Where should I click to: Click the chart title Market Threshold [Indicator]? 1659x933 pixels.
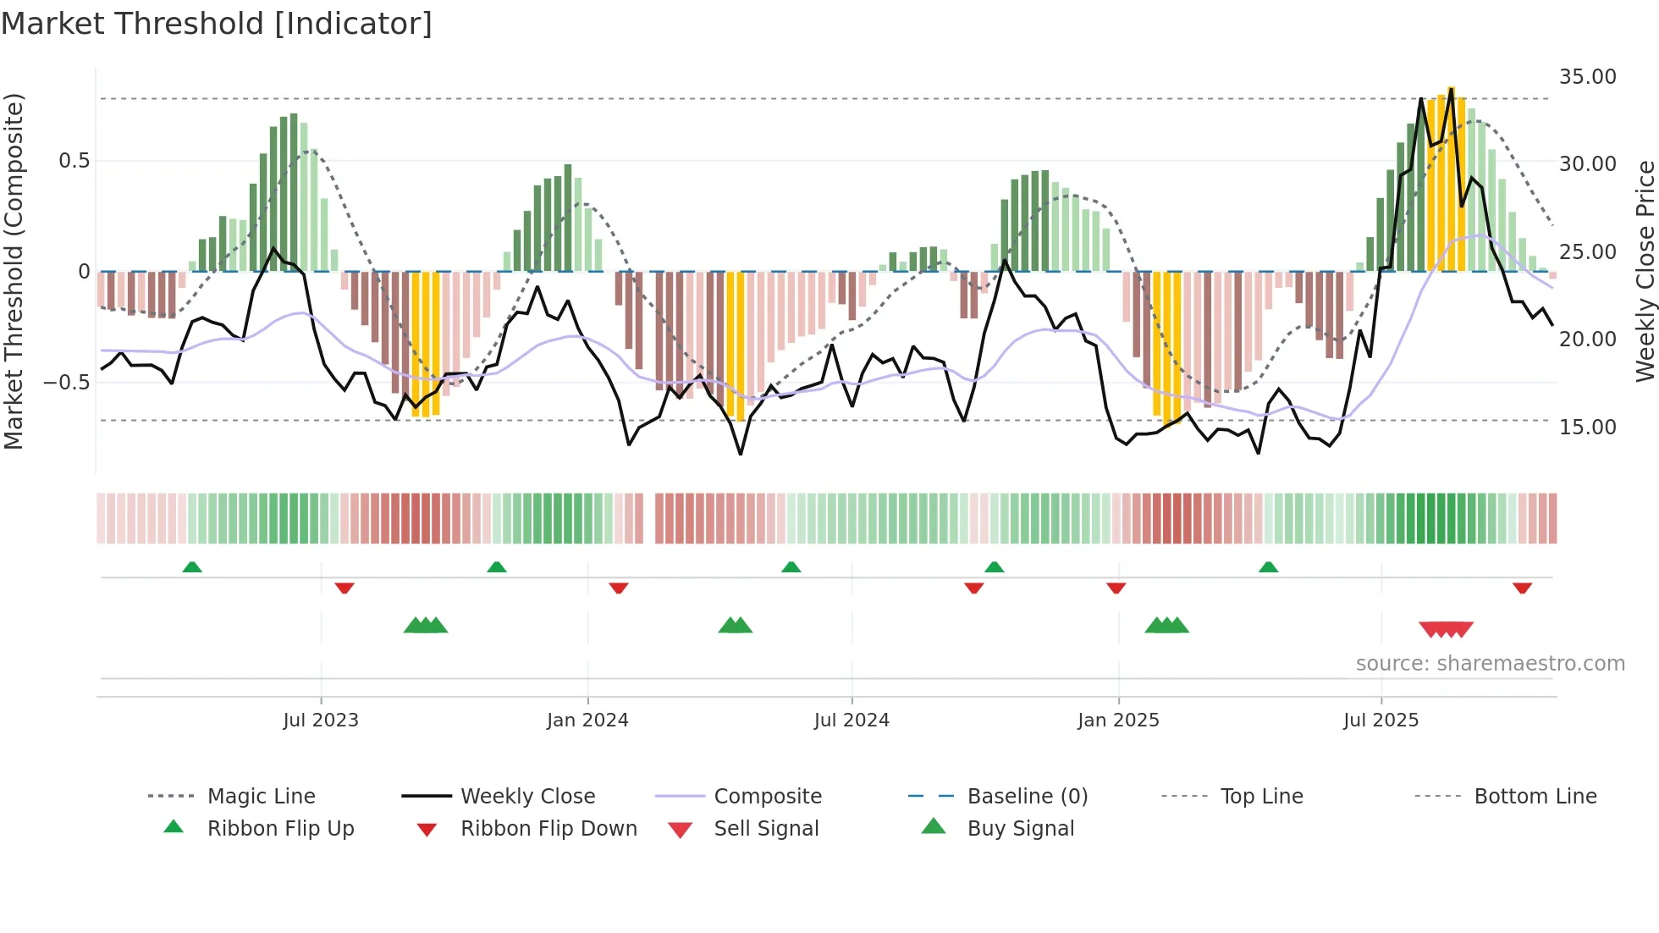(x=217, y=24)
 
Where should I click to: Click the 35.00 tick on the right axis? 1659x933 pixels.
(x=1587, y=77)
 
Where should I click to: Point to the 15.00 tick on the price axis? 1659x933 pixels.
(x=1587, y=428)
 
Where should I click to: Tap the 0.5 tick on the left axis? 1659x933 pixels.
(x=74, y=161)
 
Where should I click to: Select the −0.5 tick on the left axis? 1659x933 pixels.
(x=66, y=383)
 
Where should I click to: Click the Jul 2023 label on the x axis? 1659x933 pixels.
(x=321, y=720)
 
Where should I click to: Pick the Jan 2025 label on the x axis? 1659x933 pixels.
(x=1118, y=720)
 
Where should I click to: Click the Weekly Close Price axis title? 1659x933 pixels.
(x=1645, y=271)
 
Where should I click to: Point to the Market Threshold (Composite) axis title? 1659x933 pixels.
(x=14, y=271)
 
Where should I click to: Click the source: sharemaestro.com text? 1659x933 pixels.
(x=1490, y=664)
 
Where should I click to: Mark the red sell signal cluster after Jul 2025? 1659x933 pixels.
(x=1446, y=629)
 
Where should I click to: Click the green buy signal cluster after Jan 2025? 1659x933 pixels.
(x=1166, y=626)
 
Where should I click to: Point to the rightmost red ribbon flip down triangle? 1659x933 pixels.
(x=1522, y=588)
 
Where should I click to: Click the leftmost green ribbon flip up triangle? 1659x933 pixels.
(x=192, y=567)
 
